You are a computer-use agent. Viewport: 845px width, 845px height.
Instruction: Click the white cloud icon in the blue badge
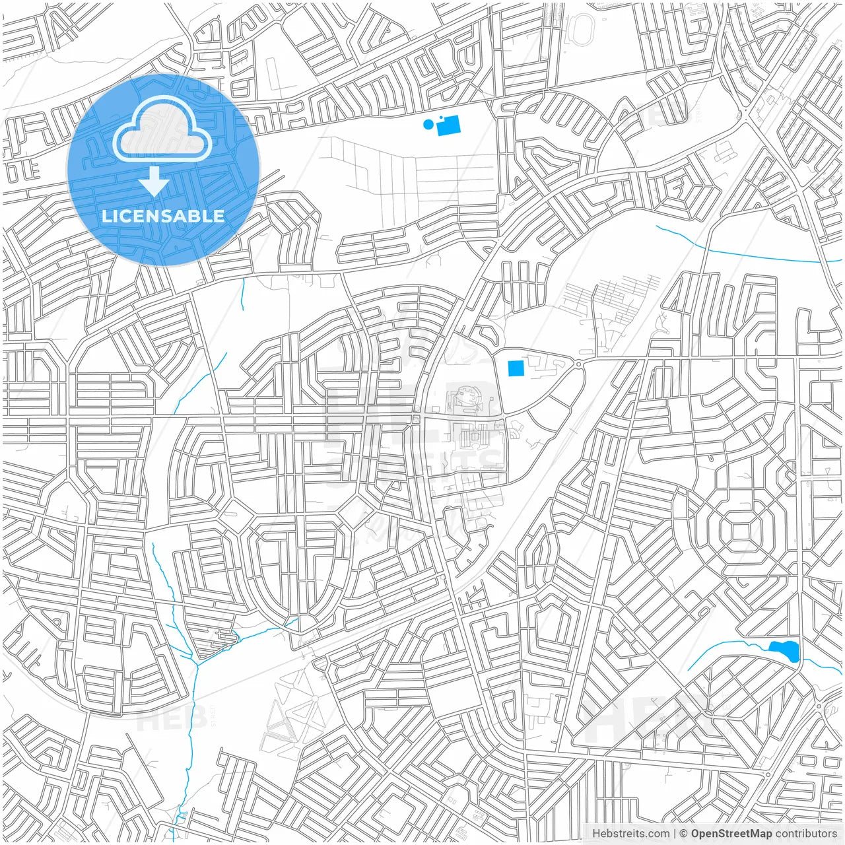[162, 128]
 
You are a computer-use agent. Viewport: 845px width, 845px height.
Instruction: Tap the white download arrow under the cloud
[154, 181]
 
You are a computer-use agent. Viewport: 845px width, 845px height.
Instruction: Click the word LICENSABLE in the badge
[163, 216]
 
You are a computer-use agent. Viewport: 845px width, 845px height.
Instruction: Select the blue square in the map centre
[516, 368]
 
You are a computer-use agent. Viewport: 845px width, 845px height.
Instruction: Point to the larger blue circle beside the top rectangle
[428, 124]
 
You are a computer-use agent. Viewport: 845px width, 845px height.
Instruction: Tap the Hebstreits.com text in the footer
[630, 834]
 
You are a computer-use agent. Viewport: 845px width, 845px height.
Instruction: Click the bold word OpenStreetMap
[731, 834]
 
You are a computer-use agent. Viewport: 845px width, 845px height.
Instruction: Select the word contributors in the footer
[806, 834]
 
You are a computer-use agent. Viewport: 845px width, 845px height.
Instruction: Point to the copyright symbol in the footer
[683, 834]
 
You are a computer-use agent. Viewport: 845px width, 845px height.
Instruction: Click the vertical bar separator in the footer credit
[674, 834]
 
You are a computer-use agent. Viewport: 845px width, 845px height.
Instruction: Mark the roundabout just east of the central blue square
[578, 364]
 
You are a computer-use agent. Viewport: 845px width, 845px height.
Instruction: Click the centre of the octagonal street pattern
[740, 529]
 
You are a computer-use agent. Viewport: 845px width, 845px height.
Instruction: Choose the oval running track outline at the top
[582, 29]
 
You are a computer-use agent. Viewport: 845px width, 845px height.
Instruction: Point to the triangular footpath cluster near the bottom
[290, 716]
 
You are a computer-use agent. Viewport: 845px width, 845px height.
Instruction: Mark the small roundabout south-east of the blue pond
[819, 706]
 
